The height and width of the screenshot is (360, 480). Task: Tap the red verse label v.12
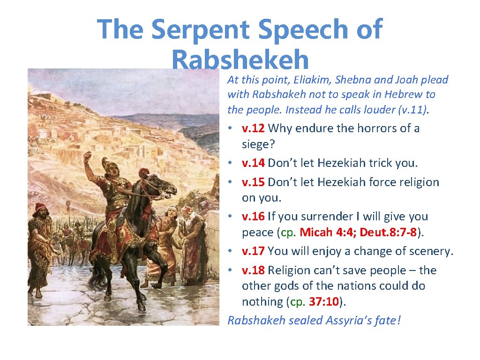254,128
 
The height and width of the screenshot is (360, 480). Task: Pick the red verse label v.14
254,163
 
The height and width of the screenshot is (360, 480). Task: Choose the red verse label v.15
254,182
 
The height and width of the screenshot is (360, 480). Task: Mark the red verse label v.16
254,216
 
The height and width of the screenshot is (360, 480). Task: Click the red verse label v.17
254,251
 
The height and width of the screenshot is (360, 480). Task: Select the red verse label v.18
254,270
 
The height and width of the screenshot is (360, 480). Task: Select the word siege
258,143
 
